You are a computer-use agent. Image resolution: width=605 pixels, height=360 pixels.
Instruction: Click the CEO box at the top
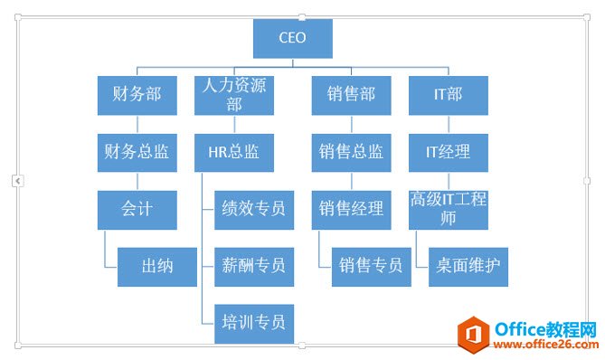pos(292,38)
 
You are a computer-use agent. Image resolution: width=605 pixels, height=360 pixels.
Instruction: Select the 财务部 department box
pos(137,94)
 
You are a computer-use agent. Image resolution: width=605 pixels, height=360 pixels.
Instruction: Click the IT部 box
pos(449,94)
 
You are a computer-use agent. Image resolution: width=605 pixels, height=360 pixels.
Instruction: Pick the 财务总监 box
pos(137,152)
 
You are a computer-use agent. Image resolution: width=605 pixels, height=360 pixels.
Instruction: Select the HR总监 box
pos(234,152)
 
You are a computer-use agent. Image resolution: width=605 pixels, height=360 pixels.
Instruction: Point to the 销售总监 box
pos(351,152)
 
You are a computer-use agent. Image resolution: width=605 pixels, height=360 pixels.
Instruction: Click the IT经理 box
pos(449,152)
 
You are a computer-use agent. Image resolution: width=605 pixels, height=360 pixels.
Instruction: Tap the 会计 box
pos(137,209)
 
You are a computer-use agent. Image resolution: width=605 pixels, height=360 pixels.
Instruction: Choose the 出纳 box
pos(156,266)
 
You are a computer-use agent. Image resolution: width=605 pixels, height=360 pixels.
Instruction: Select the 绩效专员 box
pos(254,209)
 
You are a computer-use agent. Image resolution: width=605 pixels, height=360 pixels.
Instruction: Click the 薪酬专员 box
pos(254,266)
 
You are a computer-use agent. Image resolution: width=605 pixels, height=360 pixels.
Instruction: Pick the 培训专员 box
pos(254,322)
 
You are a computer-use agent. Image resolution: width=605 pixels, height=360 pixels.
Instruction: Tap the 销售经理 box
pos(351,209)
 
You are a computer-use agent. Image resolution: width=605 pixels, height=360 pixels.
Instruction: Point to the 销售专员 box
pos(371,266)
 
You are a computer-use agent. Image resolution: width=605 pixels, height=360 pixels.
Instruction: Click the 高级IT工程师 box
pos(449,209)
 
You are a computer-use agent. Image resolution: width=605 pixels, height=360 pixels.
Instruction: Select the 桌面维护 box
pos(468,266)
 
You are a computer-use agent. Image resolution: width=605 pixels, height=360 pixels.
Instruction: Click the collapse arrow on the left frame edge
pos(17,181)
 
